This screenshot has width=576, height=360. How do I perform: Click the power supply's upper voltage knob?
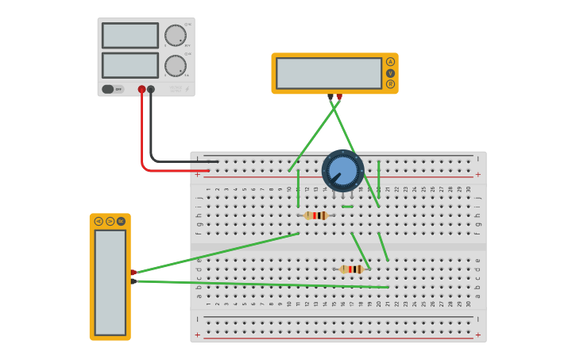175,36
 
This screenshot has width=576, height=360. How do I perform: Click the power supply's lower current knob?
175,66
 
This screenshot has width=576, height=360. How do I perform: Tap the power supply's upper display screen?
130,36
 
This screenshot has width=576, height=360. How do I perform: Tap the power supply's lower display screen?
130,65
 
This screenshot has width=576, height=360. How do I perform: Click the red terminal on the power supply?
141,90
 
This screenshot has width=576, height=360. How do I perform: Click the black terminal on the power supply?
151,90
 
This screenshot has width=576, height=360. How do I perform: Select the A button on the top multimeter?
390,61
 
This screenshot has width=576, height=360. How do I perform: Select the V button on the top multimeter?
390,73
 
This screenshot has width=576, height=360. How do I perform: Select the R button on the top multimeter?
390,84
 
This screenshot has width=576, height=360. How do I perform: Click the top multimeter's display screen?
329,73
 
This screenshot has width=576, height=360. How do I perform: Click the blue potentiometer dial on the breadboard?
343,170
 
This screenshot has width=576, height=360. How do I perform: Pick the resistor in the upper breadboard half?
316,215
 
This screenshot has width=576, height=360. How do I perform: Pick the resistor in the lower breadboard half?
352,269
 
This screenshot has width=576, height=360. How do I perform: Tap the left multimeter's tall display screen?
110,282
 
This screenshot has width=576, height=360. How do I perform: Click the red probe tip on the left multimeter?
133,273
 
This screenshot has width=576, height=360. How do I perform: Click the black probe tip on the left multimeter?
133,281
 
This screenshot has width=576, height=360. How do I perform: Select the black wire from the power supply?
151,135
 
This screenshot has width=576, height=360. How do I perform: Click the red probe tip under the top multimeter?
339,97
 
